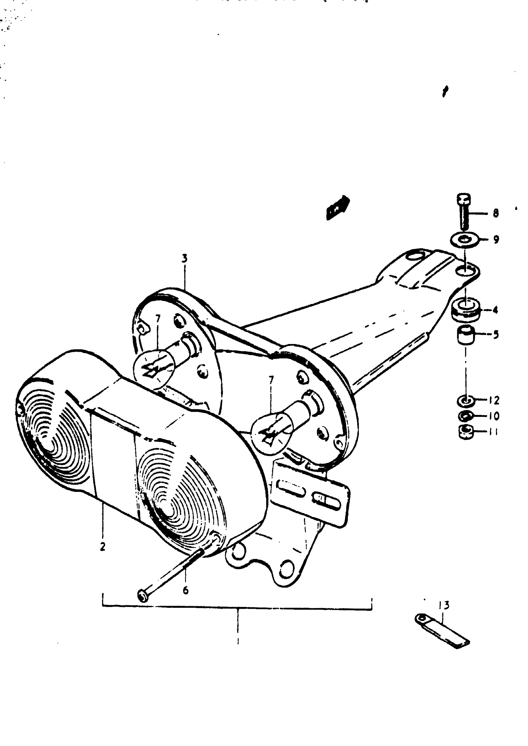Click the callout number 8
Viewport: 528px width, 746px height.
pos(495,213)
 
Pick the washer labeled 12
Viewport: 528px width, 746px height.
pos(466,400)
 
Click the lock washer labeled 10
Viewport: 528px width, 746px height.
pos(466,416)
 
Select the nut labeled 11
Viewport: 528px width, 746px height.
pos(466,432)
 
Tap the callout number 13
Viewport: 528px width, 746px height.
pos(444,605)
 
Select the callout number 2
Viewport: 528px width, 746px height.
pos(103,547)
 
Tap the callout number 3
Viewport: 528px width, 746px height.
pos(184,258)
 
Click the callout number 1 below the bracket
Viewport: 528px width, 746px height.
pos(238,642)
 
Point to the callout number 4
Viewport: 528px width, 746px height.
pos(495,310)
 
